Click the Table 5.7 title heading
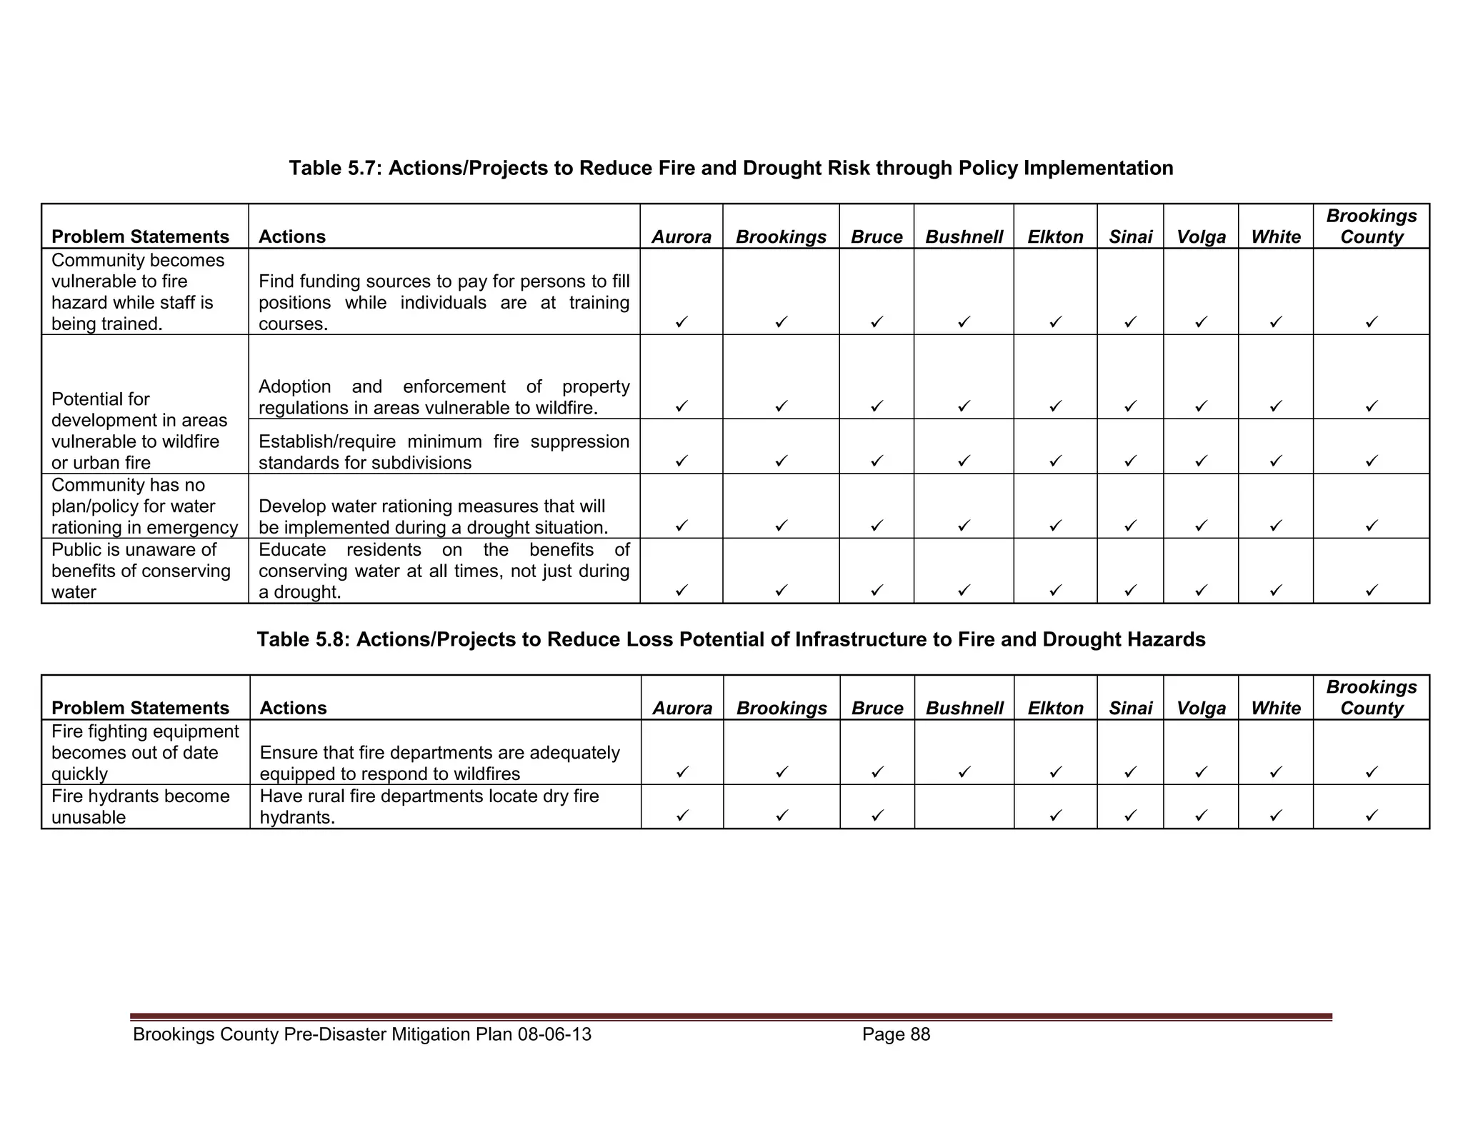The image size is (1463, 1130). coord(731,168)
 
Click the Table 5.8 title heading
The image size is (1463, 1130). coord(731,639)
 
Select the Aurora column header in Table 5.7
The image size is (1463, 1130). coord(681,236)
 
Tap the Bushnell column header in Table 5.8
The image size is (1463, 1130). coord(964,708)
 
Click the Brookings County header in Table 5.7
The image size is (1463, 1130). coord(1371,226)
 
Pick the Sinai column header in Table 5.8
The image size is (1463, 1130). coord(1130,708)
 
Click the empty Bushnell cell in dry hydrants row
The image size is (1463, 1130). coord(964,807)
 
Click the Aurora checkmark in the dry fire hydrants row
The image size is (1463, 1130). coord(682,815)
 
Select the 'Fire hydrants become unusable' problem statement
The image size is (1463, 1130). coord(141,806)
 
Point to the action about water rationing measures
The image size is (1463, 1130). coord(433,516)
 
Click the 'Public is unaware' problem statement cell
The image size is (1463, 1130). coord(141,571)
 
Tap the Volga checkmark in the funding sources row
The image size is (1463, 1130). coord(1201,322)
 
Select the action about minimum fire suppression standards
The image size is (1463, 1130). coord(444,451)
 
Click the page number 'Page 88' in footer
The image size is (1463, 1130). coord(896,1034)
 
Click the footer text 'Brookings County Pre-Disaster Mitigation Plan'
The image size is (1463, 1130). coord(362,1034)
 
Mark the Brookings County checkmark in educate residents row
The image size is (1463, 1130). coord(1371,591)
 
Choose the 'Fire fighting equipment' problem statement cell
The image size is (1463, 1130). coord(145,752)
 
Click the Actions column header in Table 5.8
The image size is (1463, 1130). coord(293,708)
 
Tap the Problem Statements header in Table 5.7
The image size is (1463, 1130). coord(140,236)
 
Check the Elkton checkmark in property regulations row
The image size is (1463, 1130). coord(1055,406)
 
